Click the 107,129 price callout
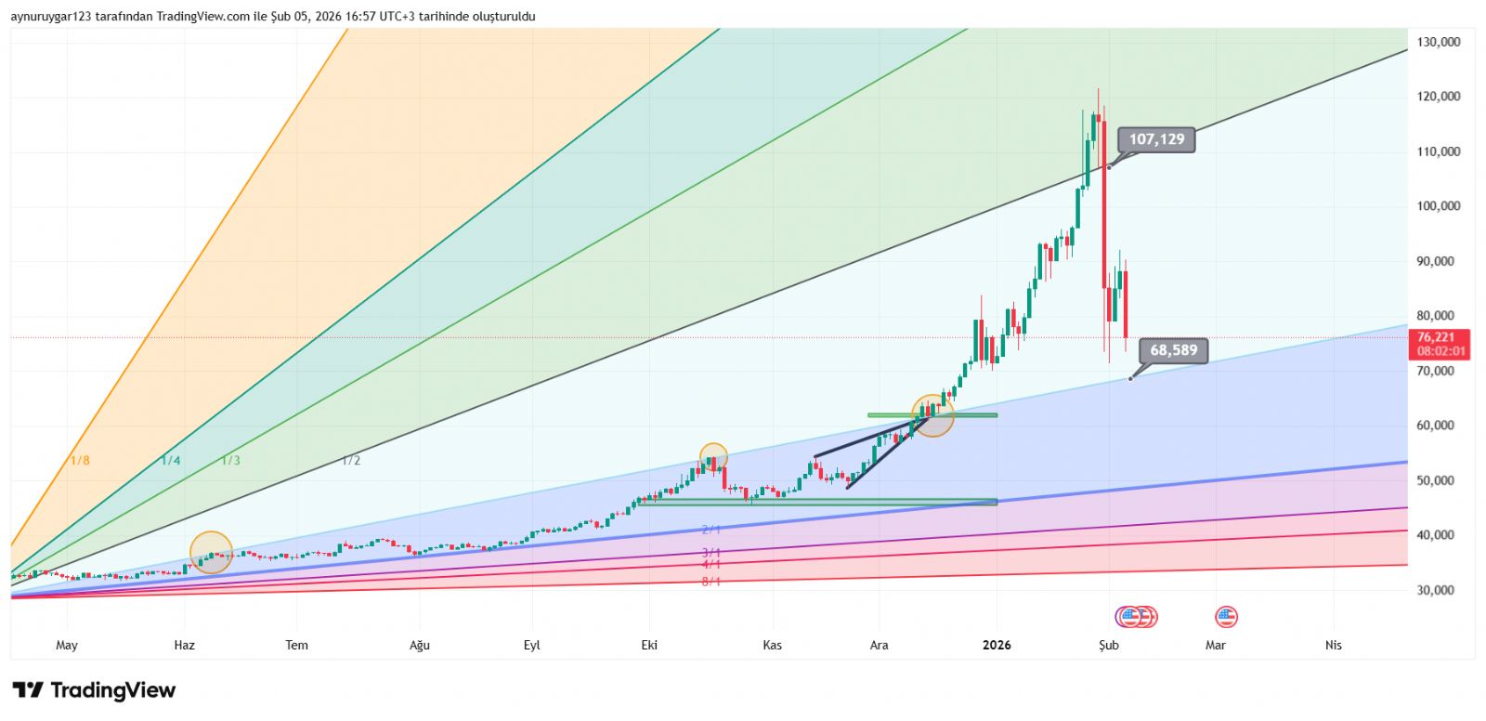pyautogui.click(x=1156, y=139)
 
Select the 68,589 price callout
pyautogui.click(x=1174, y=350)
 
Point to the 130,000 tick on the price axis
pyautogui.click(x=1439, y=42)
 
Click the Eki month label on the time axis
pyautogui.click(x=649, y=645)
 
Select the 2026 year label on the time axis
pyautogui.click(x=997, y=645)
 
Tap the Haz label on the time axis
pyautogui.click(x=185, y=645)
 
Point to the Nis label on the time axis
pyautogui.click(x=1334, y=645)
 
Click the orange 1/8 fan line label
pyautogui.click(x=80, y=461)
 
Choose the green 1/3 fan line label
pyautogui.click(x=230, y=461)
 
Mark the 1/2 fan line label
pyautogui.click(x=351, y=461)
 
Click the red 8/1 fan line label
pyautogui.click(x=711, y=582)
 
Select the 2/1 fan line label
pyautogui.click(x=711, y=530)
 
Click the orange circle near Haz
pyautogui.click(x=211, y=553)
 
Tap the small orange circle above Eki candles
pyautogui.click(x=713, y=457)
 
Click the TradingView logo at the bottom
pyautogui.click(x=94, y=690)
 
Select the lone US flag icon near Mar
pyautogui.click(x=1226, y=616)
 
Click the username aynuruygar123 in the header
pyautogui.click(x=54, y=16)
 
